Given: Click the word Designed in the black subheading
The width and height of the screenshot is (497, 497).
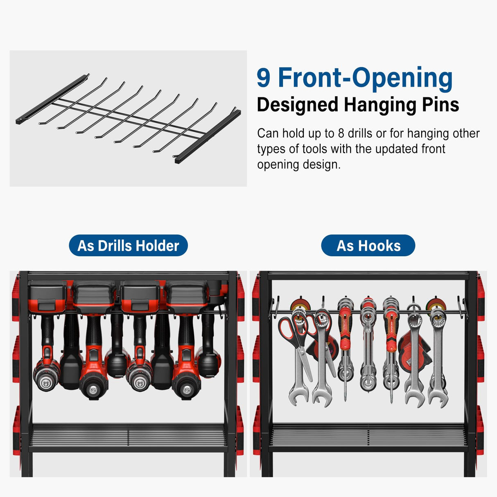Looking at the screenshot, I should (298, 105).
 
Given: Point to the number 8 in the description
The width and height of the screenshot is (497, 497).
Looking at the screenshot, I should (341, 133).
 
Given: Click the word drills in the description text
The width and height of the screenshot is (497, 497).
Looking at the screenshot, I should (360, 133).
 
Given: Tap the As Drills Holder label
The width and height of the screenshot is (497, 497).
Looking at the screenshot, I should (128, 246).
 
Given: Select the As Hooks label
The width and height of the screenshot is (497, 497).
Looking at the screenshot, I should (368, 246).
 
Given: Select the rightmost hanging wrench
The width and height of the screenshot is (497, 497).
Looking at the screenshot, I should (438, 360).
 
